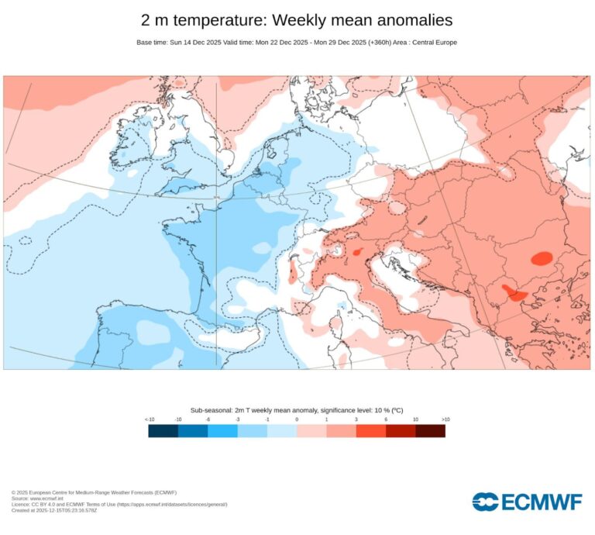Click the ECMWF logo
click(527, 502)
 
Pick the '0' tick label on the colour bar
click(297, 419)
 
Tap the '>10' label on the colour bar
click(445, 419)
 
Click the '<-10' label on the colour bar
click(149, 419)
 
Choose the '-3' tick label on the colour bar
click(237, 419)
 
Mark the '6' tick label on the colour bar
click(386, 419)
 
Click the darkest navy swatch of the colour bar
click(163, 431)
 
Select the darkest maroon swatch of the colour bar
click(430, 431)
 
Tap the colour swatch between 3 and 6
click(370, 431)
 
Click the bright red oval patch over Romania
click(541, 257)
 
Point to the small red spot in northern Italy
click(357, 252)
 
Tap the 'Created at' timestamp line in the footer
click(54, 510)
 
